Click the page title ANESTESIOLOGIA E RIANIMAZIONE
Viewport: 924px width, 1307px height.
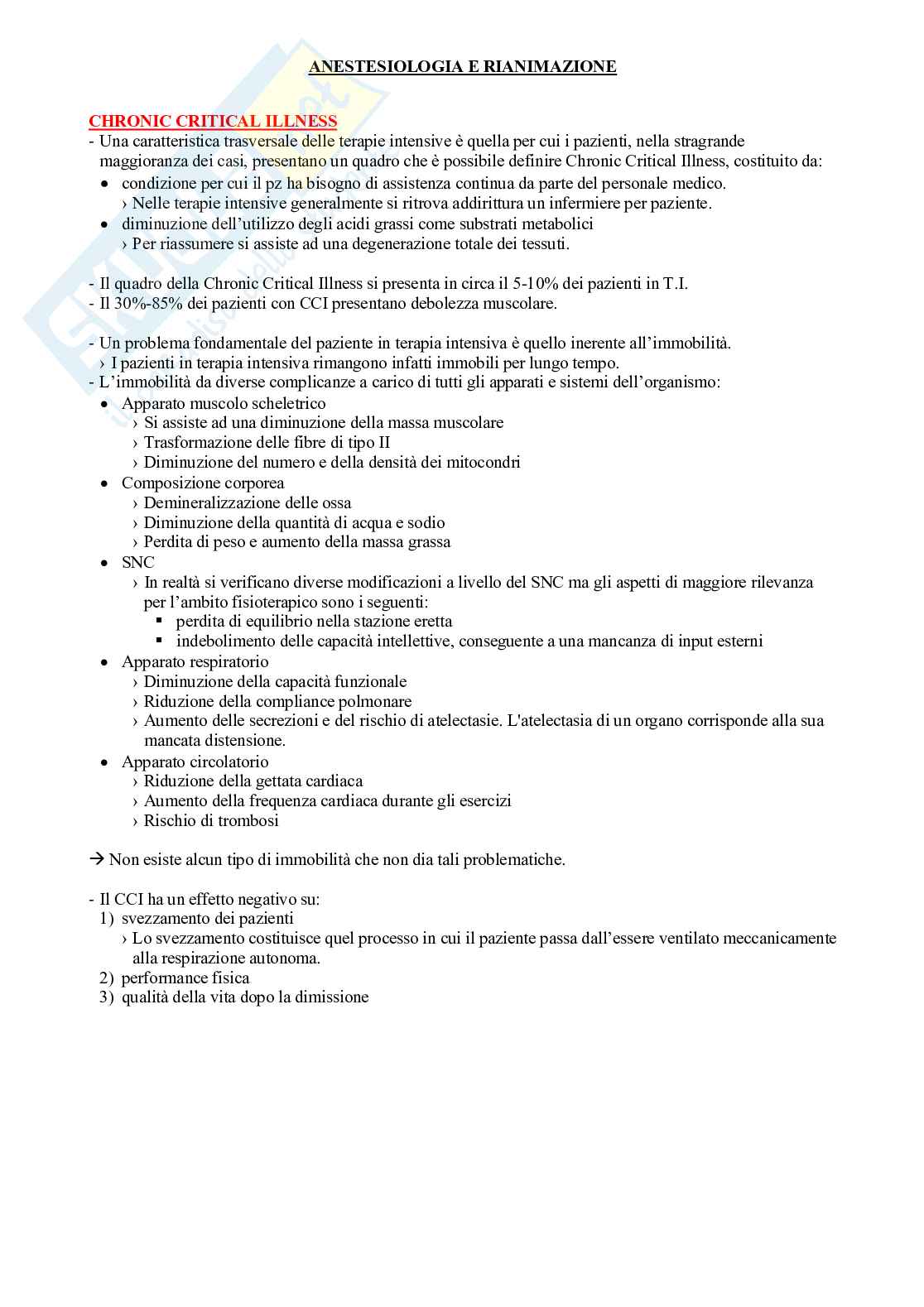(x=462, y=67)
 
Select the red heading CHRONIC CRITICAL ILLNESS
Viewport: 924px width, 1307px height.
(x=213, y=121)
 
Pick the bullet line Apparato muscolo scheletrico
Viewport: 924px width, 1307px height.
(x=224, y=403)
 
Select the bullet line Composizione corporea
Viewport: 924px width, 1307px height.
(x=203, y=483)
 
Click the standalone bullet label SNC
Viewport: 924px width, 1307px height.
(x=137, y=562)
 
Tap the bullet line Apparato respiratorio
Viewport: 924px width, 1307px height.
(x=195, y=661)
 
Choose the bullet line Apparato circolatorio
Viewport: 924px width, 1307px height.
(x=195, y=762)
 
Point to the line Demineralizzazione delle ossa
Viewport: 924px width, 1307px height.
(x=248, y=502)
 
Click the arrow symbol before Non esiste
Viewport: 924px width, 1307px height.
(x=97, y=859)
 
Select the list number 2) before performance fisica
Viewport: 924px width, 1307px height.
(x=106, y=978)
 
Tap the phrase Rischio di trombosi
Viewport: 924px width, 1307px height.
(x=211, y=820)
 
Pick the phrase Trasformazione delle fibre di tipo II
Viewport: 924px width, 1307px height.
(x=267, y=442)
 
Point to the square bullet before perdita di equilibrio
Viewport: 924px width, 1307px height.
(x=160, y=621)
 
